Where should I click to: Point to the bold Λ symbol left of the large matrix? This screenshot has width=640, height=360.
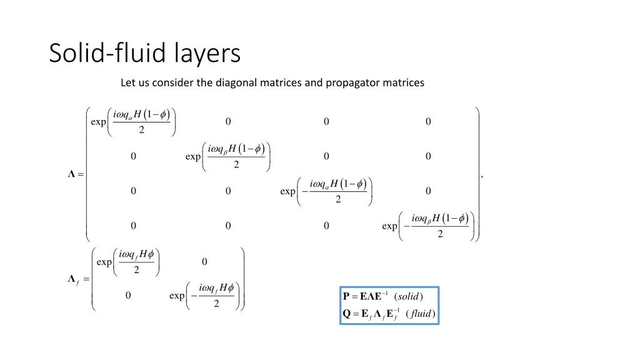tap(72, 174)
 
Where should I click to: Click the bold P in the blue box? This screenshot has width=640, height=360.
tap(347, 296)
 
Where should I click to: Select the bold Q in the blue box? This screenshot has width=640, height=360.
tap(347, 313)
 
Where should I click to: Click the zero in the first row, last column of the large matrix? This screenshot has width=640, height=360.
tap(428, 122)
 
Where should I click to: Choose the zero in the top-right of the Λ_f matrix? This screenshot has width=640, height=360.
tap(204, 261)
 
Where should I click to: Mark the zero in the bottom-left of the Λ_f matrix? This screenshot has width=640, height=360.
tap(127, 296)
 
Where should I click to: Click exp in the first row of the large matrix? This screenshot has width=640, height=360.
tap(98, 122)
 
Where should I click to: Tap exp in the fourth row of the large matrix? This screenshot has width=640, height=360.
tap(389, 226)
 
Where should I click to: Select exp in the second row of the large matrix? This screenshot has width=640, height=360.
tap(193, 157)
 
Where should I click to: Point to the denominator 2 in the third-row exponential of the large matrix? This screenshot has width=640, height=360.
tap(338, 200)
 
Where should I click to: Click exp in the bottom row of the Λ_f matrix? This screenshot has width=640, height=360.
tap(177, 296)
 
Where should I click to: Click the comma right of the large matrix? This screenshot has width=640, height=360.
tap(482, 177)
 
